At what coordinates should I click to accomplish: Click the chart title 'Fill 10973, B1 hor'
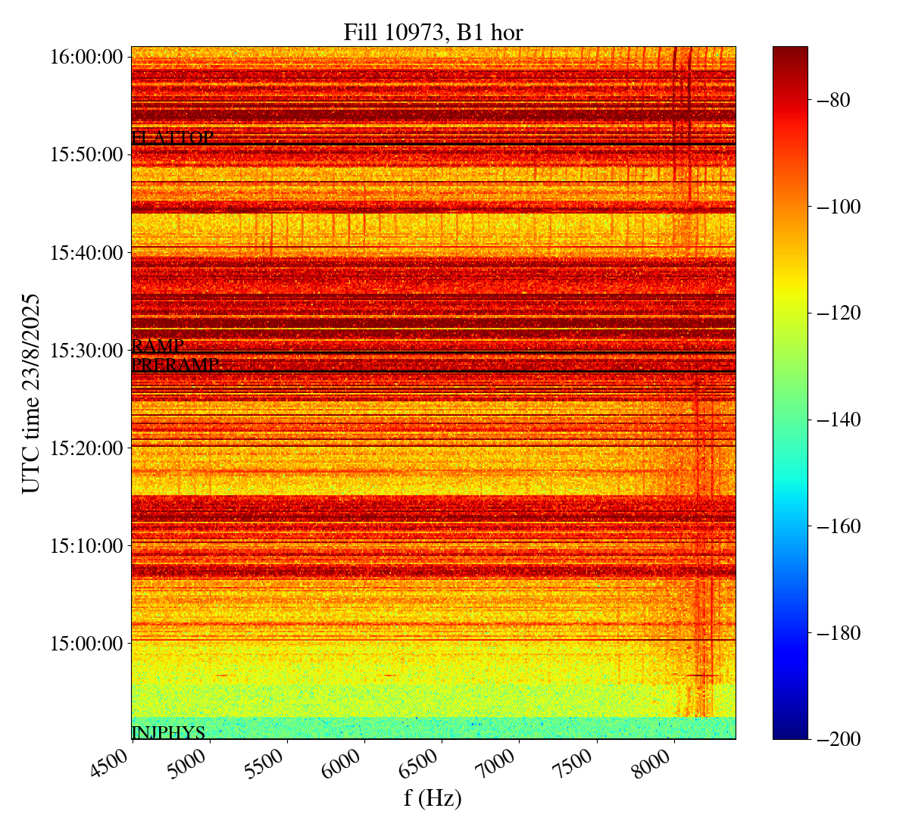pos(433,32)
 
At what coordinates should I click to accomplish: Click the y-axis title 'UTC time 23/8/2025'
pos(31,393)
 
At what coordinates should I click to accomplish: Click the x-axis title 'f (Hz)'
pos(433,797)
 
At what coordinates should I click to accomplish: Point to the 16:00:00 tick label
pos(87,57)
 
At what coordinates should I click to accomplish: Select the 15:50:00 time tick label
pos(87,154)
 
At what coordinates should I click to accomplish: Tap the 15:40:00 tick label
pos(87,252)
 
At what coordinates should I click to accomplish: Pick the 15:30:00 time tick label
pos(87,350)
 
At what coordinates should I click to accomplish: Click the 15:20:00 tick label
pos(87,448)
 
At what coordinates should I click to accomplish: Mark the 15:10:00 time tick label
pos(87,545)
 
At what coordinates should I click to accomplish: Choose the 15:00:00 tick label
pos(87,643)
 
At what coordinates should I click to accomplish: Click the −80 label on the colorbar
pos(835,100)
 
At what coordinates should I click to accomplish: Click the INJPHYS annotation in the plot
pos(168,732)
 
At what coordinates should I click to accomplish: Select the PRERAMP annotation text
pos(175,365)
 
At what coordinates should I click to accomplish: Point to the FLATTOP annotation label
pos(172,138)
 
